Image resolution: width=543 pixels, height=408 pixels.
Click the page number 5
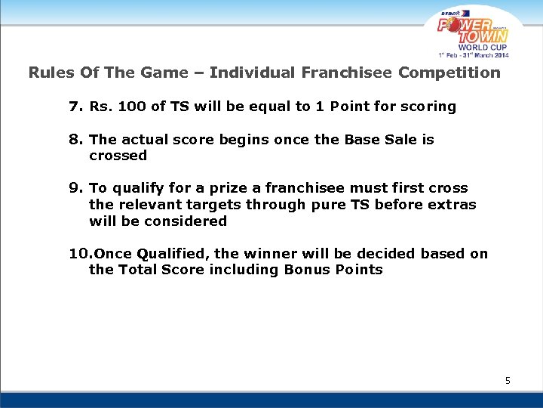pos(508,381)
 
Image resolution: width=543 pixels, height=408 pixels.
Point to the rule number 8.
pos(75,140)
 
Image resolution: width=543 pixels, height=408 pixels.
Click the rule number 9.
pos(75,188)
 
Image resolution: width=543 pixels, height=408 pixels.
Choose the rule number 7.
pos(75,107)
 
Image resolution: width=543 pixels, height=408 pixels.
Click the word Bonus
pos(306,270)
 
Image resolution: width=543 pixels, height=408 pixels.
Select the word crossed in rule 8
pos(118,156)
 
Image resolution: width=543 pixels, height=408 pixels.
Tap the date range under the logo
pos(473,55)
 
